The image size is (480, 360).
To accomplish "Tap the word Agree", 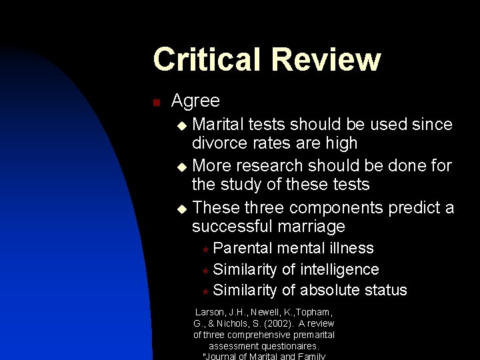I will pos(195,101).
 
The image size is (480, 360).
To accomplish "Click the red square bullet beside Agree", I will pos(156,102).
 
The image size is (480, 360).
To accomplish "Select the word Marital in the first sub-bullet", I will pos(217,125).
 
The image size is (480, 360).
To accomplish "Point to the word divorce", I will pos(217,143).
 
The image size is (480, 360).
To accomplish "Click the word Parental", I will pos(243,248).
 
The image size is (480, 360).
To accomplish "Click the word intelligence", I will pos(340,269).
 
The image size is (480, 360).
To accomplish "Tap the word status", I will pos(386,290).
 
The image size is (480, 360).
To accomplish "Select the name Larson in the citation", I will pos(209,312).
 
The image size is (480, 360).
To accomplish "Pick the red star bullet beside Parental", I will pos(206,249).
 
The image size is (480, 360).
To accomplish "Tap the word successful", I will pos(236,226).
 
